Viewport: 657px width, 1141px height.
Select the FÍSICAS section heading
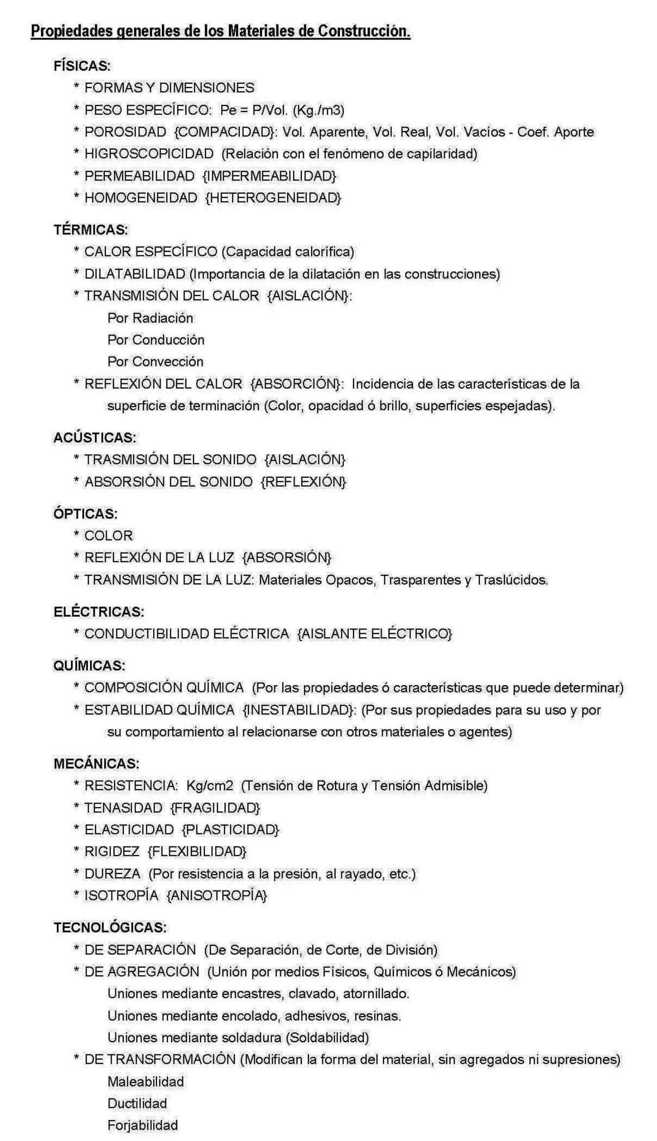coord(82,66)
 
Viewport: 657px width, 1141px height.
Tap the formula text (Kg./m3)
coord(318,110)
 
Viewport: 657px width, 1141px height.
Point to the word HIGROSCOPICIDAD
coord(149,154)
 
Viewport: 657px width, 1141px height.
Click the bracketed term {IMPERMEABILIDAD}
coord(269,176)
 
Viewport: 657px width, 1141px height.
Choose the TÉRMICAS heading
coord(91,229)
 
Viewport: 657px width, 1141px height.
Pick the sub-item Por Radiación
coord(150,318)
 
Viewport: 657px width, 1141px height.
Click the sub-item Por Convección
coord(155,362)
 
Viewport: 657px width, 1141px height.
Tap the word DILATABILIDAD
coord(135,274)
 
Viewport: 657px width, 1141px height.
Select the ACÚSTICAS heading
coord(94,437)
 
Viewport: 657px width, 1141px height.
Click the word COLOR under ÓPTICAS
coord(109,536)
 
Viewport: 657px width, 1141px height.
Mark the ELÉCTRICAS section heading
coord(99,612)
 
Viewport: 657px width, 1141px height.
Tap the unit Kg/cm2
coord(210,785)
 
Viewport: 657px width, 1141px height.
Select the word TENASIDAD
coord(123,807)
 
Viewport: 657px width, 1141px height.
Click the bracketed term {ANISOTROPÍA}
coord(217,895)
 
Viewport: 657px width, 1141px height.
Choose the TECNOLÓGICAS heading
coord(110,927)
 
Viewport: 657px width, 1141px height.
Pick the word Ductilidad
coord(137,1103)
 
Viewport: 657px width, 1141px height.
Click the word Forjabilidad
coord(142,1125)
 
